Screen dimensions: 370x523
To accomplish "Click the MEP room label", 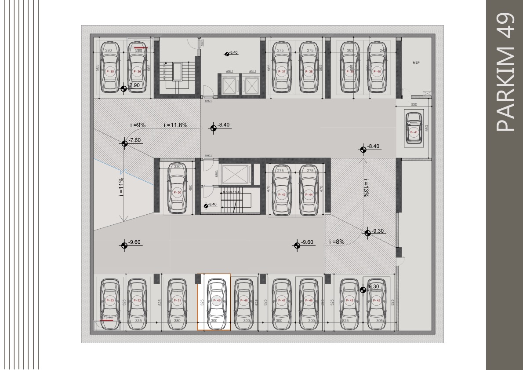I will (416, 63).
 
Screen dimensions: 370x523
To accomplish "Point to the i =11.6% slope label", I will (175, 125).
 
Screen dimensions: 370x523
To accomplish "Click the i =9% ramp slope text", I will (138, 125).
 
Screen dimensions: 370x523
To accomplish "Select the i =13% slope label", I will (366, 187).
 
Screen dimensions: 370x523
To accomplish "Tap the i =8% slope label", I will (337, 242).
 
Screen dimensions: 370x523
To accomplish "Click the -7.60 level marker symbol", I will (124, 143).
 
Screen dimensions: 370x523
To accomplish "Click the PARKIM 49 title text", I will (504, 72).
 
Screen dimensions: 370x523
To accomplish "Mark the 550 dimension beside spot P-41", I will (426, 128).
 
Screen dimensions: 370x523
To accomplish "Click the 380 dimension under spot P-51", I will (177, 321).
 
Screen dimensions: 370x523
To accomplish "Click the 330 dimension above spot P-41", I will (414, 105).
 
